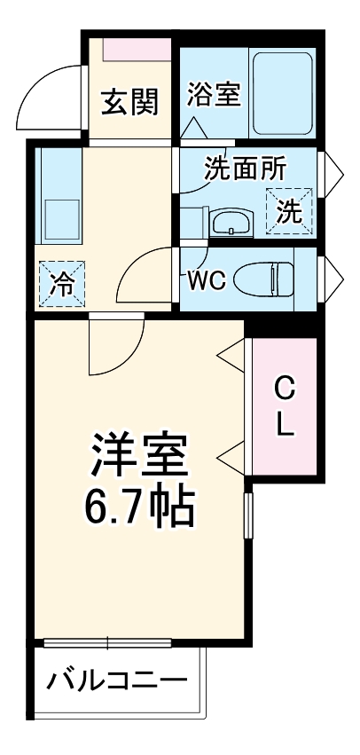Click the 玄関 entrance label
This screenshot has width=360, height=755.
(x=129, y=103)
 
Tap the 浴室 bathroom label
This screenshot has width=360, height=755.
(x=214, y=94)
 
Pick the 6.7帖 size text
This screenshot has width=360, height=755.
(x=138, y=507)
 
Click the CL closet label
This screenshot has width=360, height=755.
(x=284, y=406)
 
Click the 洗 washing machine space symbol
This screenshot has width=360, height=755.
(x=292, y=210)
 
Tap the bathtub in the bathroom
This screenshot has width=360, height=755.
(x=282, y=93)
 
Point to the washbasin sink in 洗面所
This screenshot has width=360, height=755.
(x=233, y=221)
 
